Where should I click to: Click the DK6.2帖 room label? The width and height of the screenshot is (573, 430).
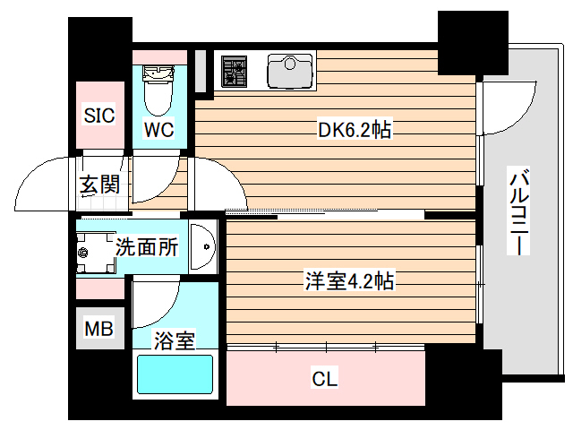coord(355,130)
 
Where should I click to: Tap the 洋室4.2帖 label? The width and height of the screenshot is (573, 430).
coord(347,281)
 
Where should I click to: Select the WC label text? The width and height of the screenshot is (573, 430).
coord(159,129)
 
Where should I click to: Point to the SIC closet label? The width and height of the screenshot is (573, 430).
coord(98,115)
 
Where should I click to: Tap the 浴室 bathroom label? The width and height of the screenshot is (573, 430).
coord(175,340)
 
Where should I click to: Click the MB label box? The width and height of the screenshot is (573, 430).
coord(98,330)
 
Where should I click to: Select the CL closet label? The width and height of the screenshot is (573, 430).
coord(324,380)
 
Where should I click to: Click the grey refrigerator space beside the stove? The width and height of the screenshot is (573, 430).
coord(201,70)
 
